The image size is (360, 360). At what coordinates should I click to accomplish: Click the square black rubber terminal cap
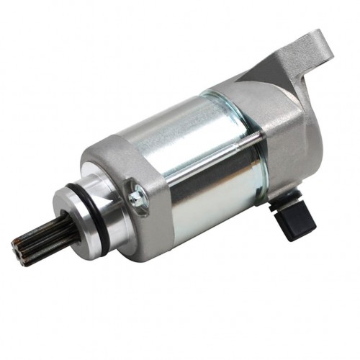(x=296, y=220)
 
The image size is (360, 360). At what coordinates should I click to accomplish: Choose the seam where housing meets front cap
(x=156, y=180)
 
